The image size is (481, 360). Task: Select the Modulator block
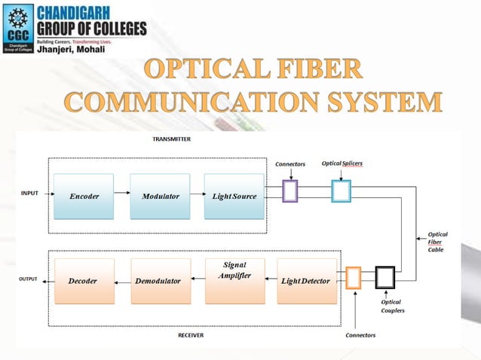160,196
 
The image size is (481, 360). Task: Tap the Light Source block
234,196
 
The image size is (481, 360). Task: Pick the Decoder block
82,281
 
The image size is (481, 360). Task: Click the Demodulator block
158,281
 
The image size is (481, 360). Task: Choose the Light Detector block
305,281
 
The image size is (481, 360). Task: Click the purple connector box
290,191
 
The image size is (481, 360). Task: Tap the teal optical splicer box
341,191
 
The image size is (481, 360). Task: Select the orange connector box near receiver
353,278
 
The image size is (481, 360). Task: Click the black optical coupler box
385,278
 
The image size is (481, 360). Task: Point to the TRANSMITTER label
172,139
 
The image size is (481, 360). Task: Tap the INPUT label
29,194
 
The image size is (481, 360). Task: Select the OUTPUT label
28,279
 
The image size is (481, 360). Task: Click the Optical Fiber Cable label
437,242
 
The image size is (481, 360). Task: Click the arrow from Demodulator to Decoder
122,280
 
